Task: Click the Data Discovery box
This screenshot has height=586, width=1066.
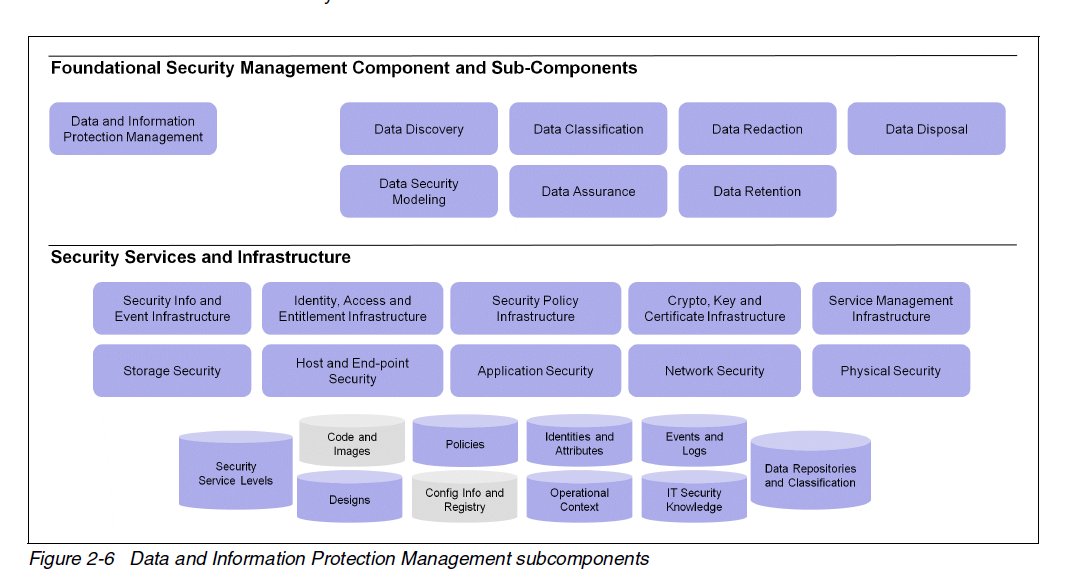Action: [x=418, y=129]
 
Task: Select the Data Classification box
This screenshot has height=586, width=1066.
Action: [x=588, y=129]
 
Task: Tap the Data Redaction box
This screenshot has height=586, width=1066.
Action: [x=757, y=129]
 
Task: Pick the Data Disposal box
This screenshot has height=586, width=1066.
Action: [x=926, y=129]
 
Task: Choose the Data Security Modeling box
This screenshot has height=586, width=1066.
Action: [x=418, y=191]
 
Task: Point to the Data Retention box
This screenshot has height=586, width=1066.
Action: [x=757, y=191]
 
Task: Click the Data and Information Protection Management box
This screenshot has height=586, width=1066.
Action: [x=133, y=129]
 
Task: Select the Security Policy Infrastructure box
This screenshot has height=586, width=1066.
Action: [x=535, y=308]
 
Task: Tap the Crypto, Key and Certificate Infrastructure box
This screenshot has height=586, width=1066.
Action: [x=714, y=308]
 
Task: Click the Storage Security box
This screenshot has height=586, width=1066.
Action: [x=172, y=371]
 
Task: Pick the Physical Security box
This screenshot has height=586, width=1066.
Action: [x=890, y=371]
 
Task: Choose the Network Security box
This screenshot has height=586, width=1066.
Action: [x=714, y=371]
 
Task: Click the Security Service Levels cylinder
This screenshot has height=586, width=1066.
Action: [x=236, y=474]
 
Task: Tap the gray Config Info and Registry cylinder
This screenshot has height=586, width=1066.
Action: [x=464, y=500]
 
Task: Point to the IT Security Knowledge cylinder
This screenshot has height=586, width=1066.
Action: [x=694, y=500]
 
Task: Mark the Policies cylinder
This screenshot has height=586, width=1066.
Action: [x=464, y=444]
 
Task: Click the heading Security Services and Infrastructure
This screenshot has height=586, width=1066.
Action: [x=201, y=257]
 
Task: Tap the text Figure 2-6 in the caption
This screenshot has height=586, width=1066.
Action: [x=72, y=559]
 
